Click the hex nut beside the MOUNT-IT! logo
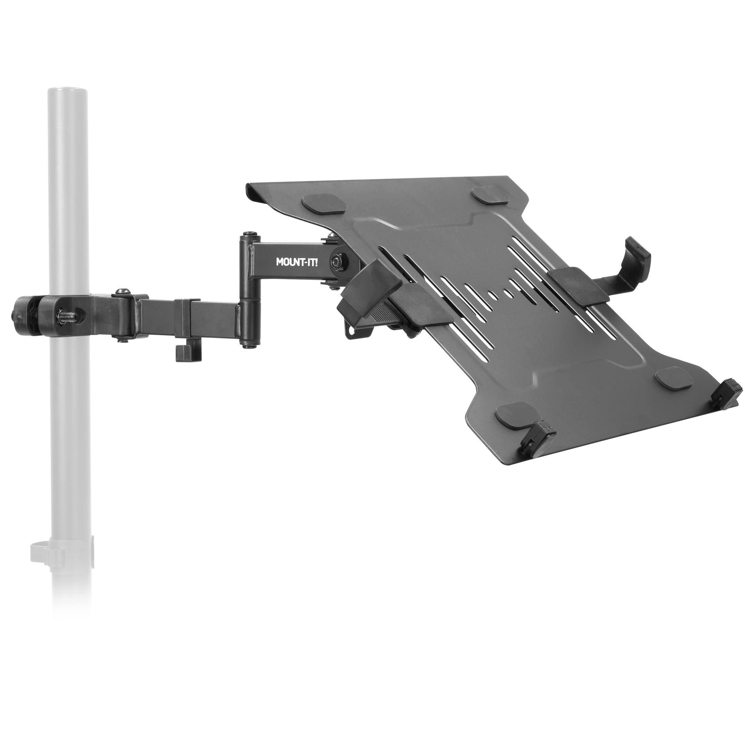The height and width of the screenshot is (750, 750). pyautogui.click(x=335, y=260)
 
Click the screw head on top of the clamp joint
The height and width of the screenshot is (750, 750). pyautogui.click(x=120, y=290)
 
